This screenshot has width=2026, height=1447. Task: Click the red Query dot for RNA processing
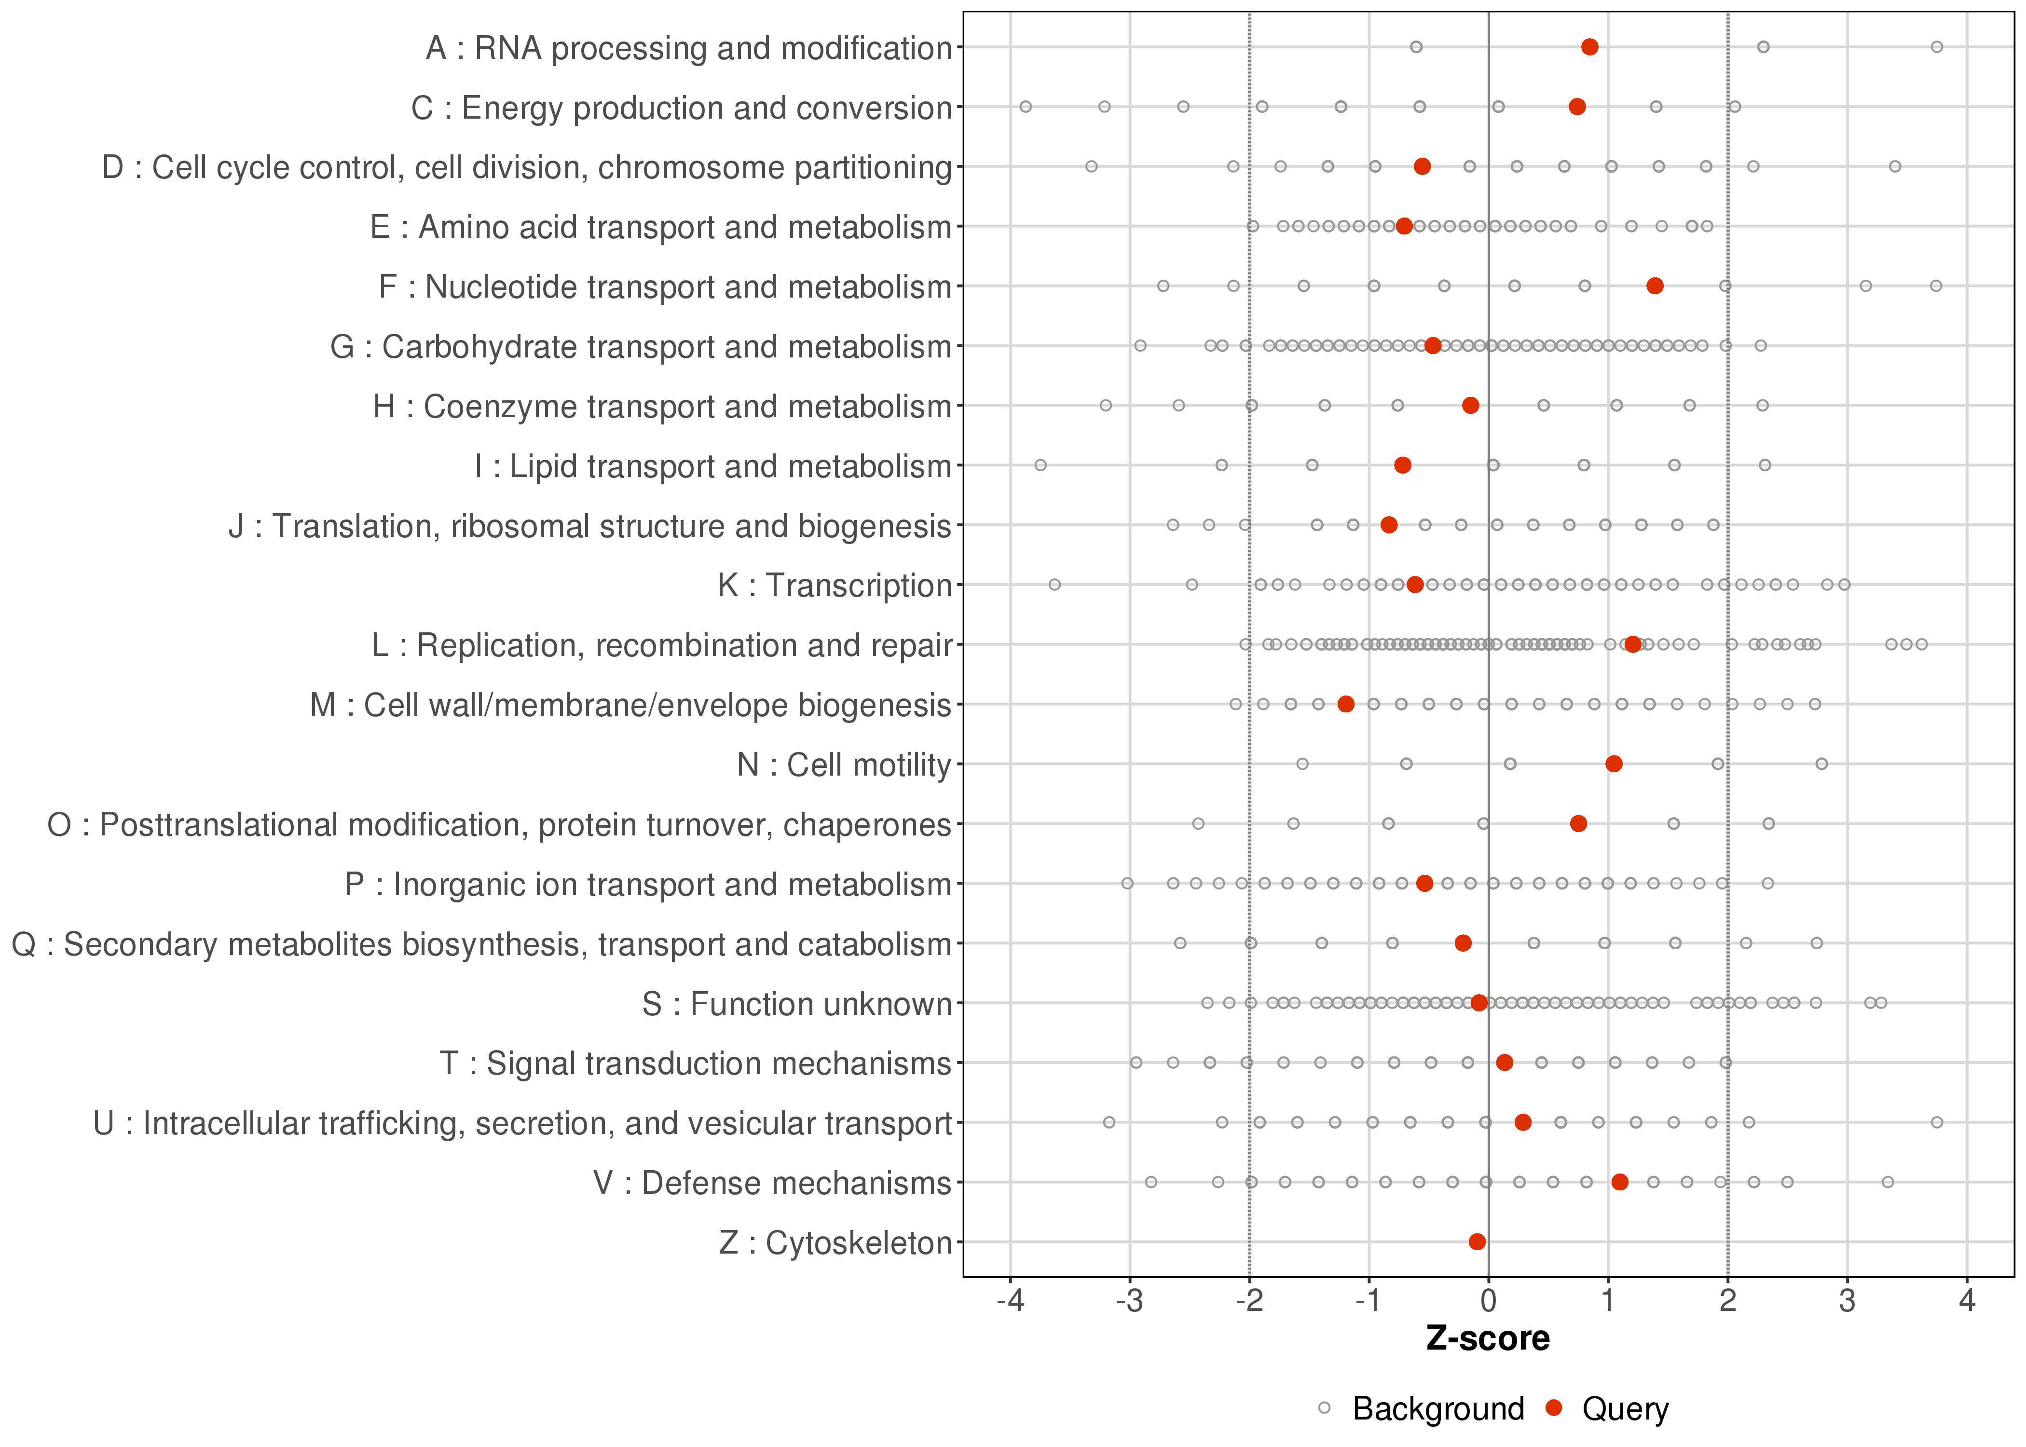click(x=1589, y=47)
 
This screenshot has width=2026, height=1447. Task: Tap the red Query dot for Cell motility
click(x=1614, y=764)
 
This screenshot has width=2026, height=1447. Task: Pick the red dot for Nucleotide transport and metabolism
click(x=1655, y=286)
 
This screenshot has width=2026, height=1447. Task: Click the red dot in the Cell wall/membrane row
click(x=1346, y=704)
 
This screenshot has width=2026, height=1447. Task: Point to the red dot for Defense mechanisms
click(x=1620, y=1182)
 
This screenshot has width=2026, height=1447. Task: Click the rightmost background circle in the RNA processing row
click(x=1936, y=47)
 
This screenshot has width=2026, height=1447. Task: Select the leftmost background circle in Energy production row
click(x=1026, y=107)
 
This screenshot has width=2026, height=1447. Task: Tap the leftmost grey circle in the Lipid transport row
click(x=1040, y=465)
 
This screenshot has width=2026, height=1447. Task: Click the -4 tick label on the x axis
click(x=1010, y=1302)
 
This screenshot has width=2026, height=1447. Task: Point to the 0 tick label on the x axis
click(x=1488, y=1302)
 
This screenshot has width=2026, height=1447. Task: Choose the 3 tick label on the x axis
click(x=1847, y=1302)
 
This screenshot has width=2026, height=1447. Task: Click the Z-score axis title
click(x=1488, y=1339)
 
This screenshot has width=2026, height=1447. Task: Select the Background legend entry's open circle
click(x=1324, y=1409)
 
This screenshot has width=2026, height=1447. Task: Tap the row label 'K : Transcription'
click(x=835, y=586)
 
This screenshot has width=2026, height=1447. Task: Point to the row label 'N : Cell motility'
click(x=844, y=764)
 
